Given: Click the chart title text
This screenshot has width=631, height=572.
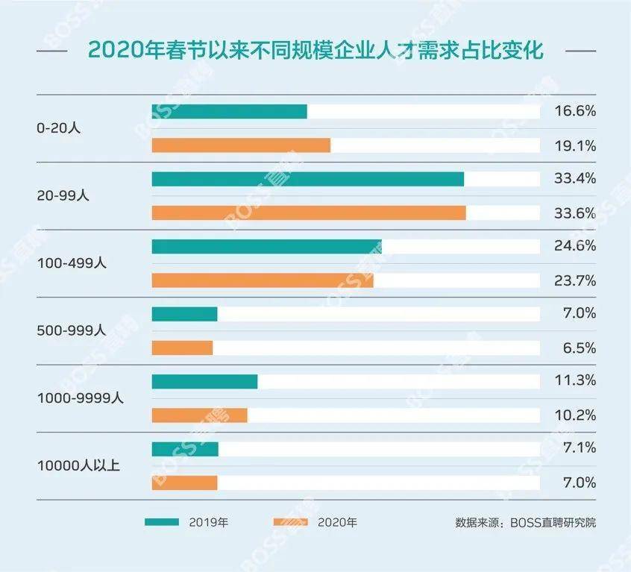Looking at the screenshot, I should coord(315,51).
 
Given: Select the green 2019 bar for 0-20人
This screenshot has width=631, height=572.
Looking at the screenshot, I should coord(229,112).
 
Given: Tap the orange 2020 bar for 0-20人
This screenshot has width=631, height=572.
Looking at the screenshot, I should coord(240,145).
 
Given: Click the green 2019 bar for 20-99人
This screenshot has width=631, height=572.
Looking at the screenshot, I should coord(307,179).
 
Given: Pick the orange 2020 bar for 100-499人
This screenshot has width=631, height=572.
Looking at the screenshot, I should coord(263,280).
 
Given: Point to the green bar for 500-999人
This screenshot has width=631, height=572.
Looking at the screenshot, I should coord(184,314).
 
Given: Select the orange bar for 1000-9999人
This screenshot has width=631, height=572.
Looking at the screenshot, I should coord(199,415).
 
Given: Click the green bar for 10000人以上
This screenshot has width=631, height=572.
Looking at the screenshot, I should coord(185,449).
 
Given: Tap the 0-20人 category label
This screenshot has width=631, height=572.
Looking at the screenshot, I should coord(59,128).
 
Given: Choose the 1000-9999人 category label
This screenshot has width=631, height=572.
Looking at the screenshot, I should coord(81,397).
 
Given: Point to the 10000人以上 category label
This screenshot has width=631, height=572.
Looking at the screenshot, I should coord(78,465).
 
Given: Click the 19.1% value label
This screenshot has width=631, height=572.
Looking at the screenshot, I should coord(575,146).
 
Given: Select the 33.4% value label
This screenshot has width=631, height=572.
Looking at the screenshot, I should coord(575,179).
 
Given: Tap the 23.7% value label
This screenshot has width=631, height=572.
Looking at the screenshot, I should coord(575,280).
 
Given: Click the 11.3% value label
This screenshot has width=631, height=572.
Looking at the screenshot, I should coord(575,381).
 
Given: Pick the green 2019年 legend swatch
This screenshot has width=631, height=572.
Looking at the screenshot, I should coord(162,522).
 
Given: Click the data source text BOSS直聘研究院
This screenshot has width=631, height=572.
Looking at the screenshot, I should coord(525,522).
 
